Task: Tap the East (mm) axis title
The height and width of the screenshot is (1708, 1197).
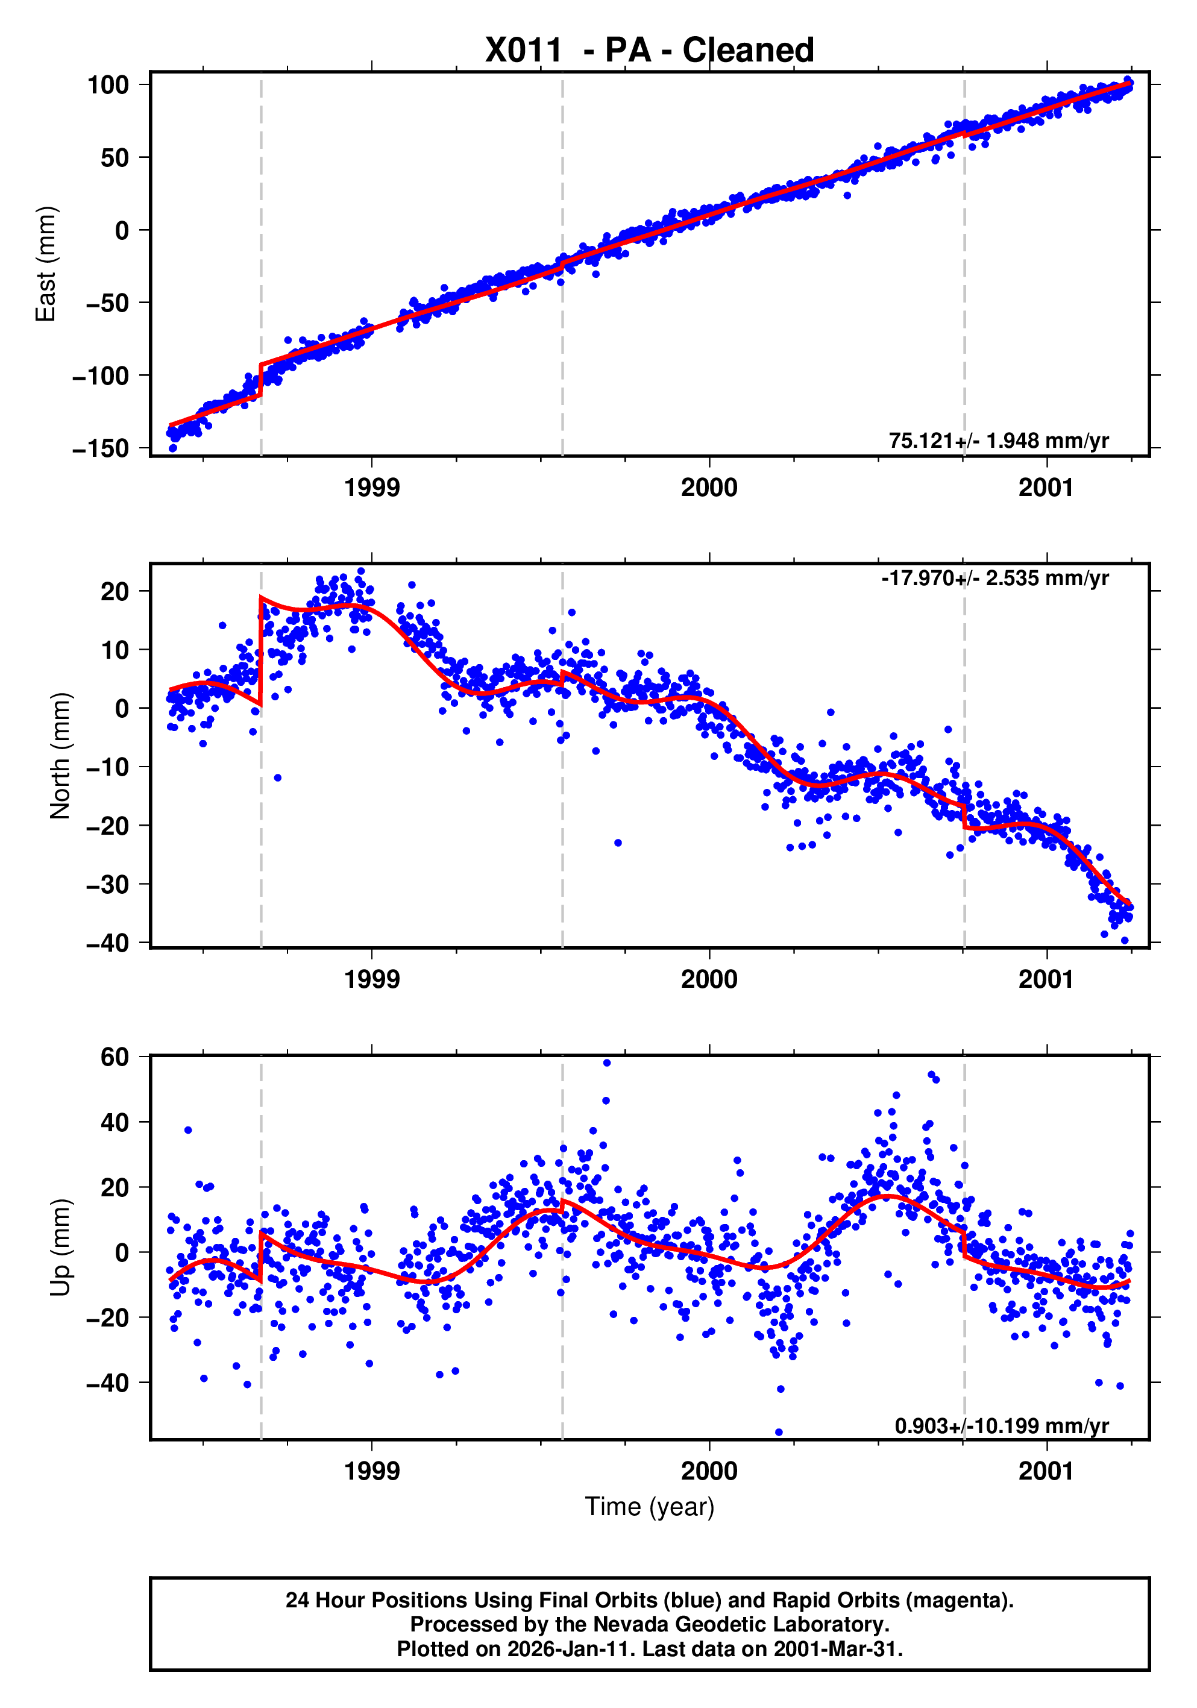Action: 46,264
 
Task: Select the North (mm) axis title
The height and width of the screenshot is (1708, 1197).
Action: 60,756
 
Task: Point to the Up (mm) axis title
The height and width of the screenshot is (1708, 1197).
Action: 60,1248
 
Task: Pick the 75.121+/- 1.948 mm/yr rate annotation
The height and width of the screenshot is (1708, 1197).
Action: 998,441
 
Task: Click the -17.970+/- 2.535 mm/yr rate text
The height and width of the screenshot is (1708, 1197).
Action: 994,578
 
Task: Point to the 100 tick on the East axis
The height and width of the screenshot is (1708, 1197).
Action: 108,85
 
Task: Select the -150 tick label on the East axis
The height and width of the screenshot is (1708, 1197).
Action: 101,448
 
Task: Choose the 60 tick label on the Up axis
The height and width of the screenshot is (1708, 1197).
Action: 115,1057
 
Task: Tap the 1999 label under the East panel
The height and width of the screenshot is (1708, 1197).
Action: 372,488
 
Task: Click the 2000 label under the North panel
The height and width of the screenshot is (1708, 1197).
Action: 709,980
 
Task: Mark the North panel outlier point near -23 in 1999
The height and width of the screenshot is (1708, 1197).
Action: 617,843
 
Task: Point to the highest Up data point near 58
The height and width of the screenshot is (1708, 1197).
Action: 607,1063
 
